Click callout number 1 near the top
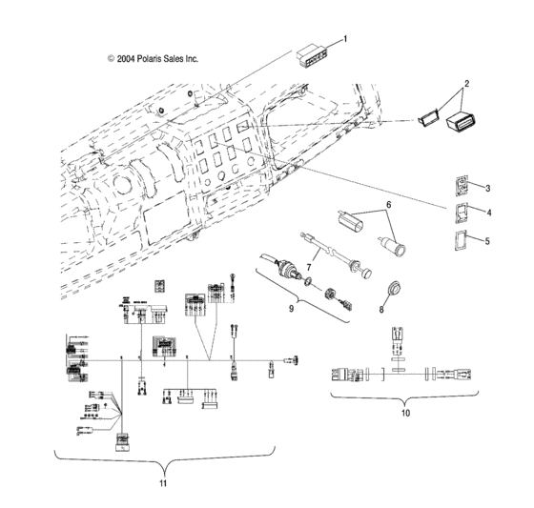tap(345, 39)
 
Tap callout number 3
tap(488, 188)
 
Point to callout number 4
tap(488, 213)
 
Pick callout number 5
tap(488, 241)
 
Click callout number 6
tap(388, 205)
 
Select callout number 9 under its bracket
tap(292, 310)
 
